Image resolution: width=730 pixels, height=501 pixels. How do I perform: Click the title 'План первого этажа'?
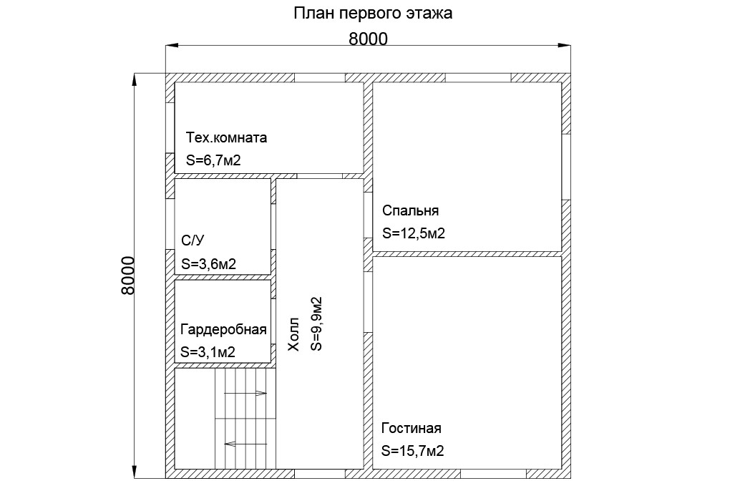(x=372, y=13)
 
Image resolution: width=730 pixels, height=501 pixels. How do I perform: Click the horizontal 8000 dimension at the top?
(x=368, y=39)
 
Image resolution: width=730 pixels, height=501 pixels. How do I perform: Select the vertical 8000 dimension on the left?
(x=127, y=275)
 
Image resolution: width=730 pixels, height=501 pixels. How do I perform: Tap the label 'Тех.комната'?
(x=226, y=137)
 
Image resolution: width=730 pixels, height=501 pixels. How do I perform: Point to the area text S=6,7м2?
(x=213, y=160)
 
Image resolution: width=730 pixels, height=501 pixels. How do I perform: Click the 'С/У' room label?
(x=193, y=240)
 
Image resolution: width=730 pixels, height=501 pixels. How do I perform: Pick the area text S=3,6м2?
(x=208, y=264)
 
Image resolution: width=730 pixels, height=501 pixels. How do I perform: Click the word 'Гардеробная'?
(x=223, y=330)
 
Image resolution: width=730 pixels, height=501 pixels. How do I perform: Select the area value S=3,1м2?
(x=208, y=352)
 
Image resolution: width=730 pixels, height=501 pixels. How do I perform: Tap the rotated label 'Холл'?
(x=293, y=334)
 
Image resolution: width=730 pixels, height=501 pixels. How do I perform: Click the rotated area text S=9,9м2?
(x=316, y=324)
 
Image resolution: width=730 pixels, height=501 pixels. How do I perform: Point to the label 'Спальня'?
(x=410, y=210)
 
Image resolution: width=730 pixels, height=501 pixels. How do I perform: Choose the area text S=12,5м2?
(x=414, y=233)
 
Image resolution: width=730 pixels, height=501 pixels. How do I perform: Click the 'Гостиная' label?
(x=411, y=428)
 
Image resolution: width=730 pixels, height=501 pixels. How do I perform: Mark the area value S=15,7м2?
(x=412, y=451)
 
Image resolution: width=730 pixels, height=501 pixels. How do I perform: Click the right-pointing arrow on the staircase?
(x=245, y=394)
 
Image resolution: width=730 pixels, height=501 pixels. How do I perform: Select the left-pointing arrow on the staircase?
(x=245, y=444)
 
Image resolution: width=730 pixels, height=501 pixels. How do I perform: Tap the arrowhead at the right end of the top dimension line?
(x=565, y=46)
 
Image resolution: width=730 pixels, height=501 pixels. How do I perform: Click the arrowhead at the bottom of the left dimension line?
(x=135, y=472)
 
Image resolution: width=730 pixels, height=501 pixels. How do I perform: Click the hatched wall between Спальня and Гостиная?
(x=467, y=254)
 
